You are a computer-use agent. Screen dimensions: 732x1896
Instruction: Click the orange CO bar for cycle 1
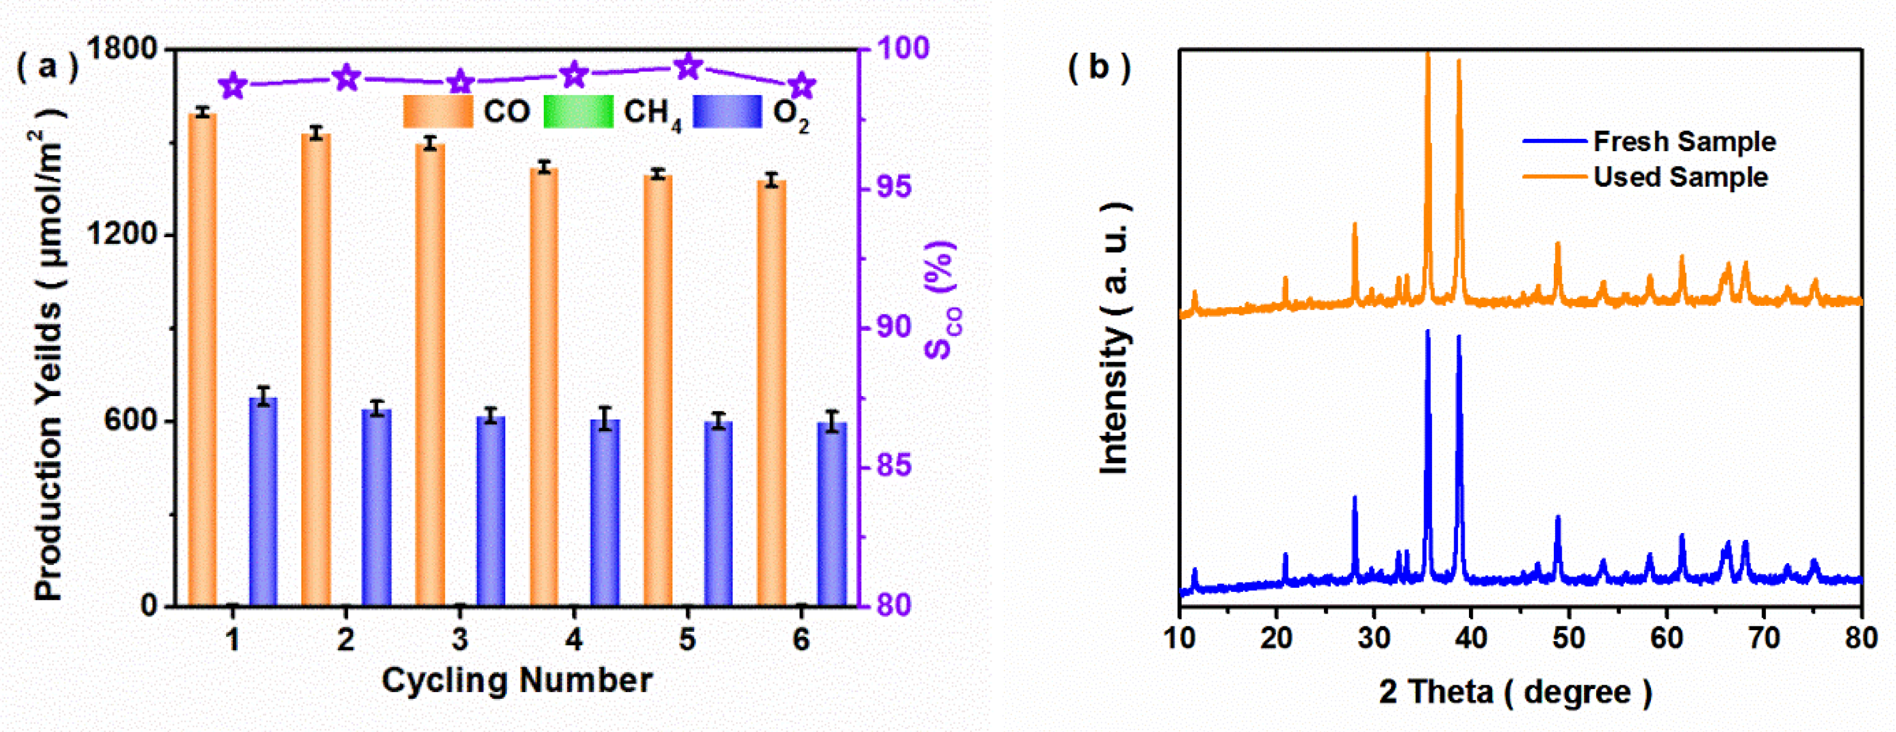point(202,360)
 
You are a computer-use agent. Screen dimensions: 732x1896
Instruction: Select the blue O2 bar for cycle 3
point(491,512)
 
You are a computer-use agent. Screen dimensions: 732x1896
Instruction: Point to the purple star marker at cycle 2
point(347,77)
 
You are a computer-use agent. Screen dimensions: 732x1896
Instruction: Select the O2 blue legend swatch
point(727,112)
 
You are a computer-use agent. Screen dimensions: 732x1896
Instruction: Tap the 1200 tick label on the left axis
point(122,235)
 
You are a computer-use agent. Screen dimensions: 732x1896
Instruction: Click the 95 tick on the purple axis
point(892,187)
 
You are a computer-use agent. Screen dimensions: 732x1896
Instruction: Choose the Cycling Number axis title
point(517,680)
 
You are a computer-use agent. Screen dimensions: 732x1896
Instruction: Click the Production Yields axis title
point(50,353)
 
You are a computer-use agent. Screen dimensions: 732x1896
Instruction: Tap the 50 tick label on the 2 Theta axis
point(1569,637)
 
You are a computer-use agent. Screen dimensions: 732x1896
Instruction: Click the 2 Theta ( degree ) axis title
point(1516,692)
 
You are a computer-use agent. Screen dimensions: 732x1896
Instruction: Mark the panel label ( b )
point(1099,68)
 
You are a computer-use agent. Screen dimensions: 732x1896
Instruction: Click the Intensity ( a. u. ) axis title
point(1114,338)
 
